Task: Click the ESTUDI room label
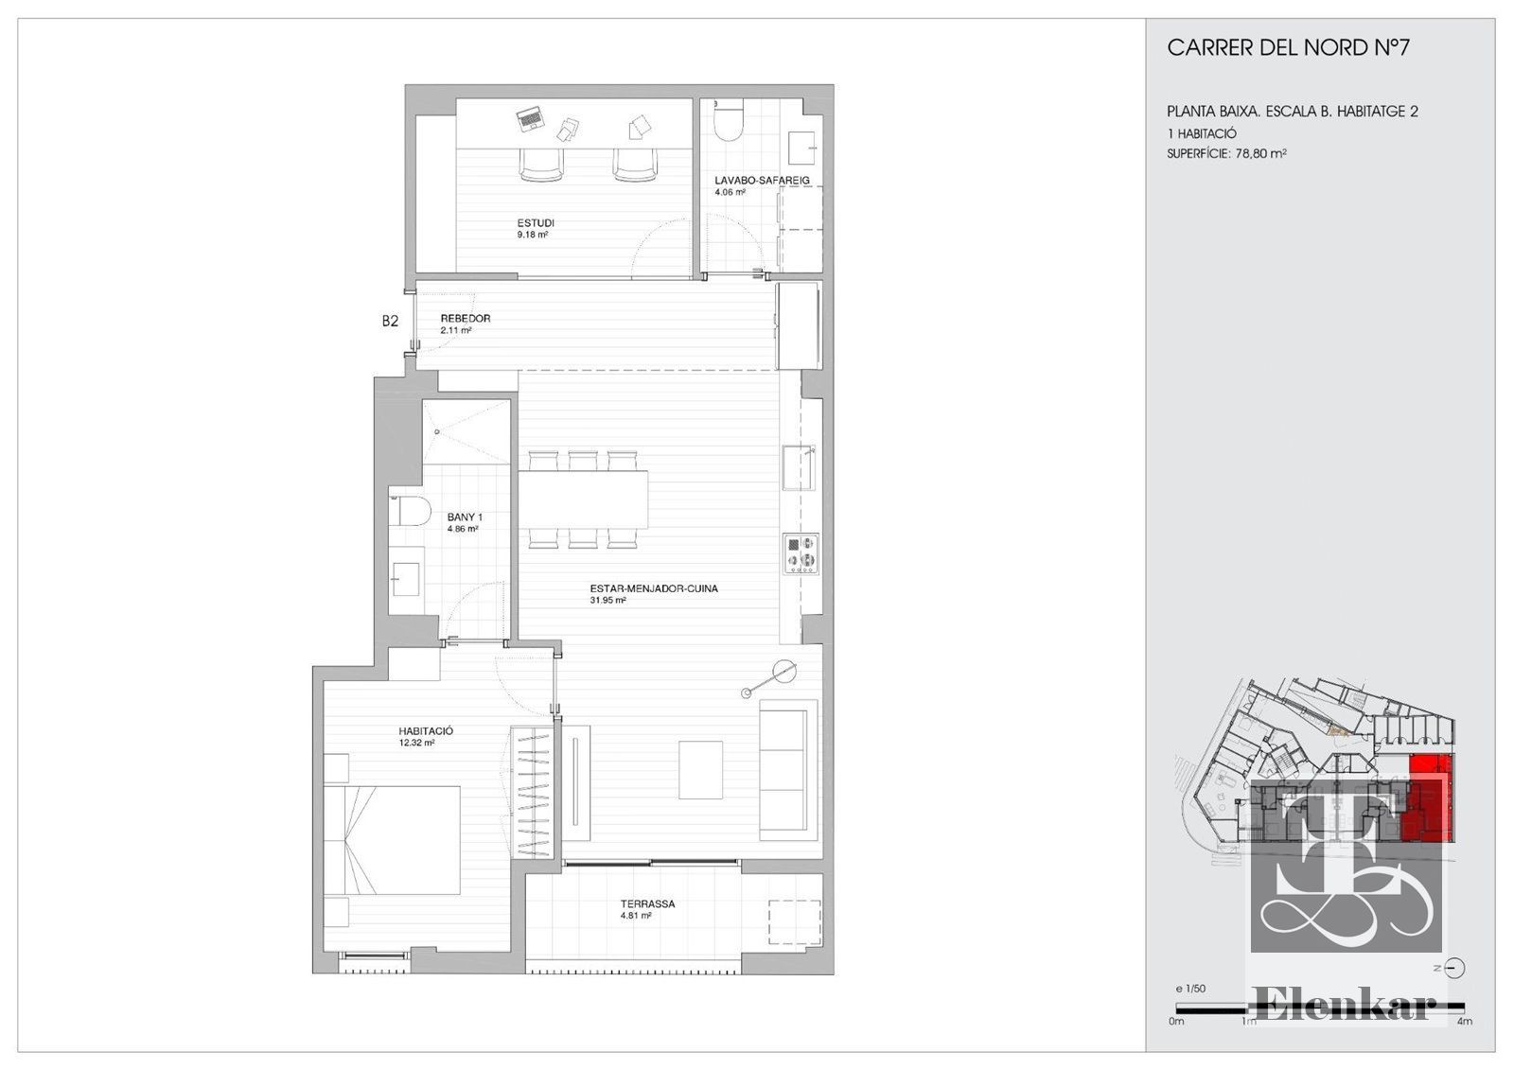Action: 536,223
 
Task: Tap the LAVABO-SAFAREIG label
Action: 762,181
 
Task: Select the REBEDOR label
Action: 465,318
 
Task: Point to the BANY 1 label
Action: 465,517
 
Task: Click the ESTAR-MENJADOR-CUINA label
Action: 654,588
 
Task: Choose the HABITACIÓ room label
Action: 426,731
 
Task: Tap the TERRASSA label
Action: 647,904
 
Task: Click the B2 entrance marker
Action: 390,322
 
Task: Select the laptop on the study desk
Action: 530,119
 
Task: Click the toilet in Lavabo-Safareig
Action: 728,119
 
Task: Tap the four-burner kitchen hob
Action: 801,554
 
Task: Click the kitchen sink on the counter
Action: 799,467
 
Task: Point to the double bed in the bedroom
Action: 392,840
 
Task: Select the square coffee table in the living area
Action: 701,770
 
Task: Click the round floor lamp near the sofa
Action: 784,671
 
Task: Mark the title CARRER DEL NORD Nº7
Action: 1288,47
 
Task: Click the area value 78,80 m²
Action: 1261,153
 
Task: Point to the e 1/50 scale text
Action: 1190,989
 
